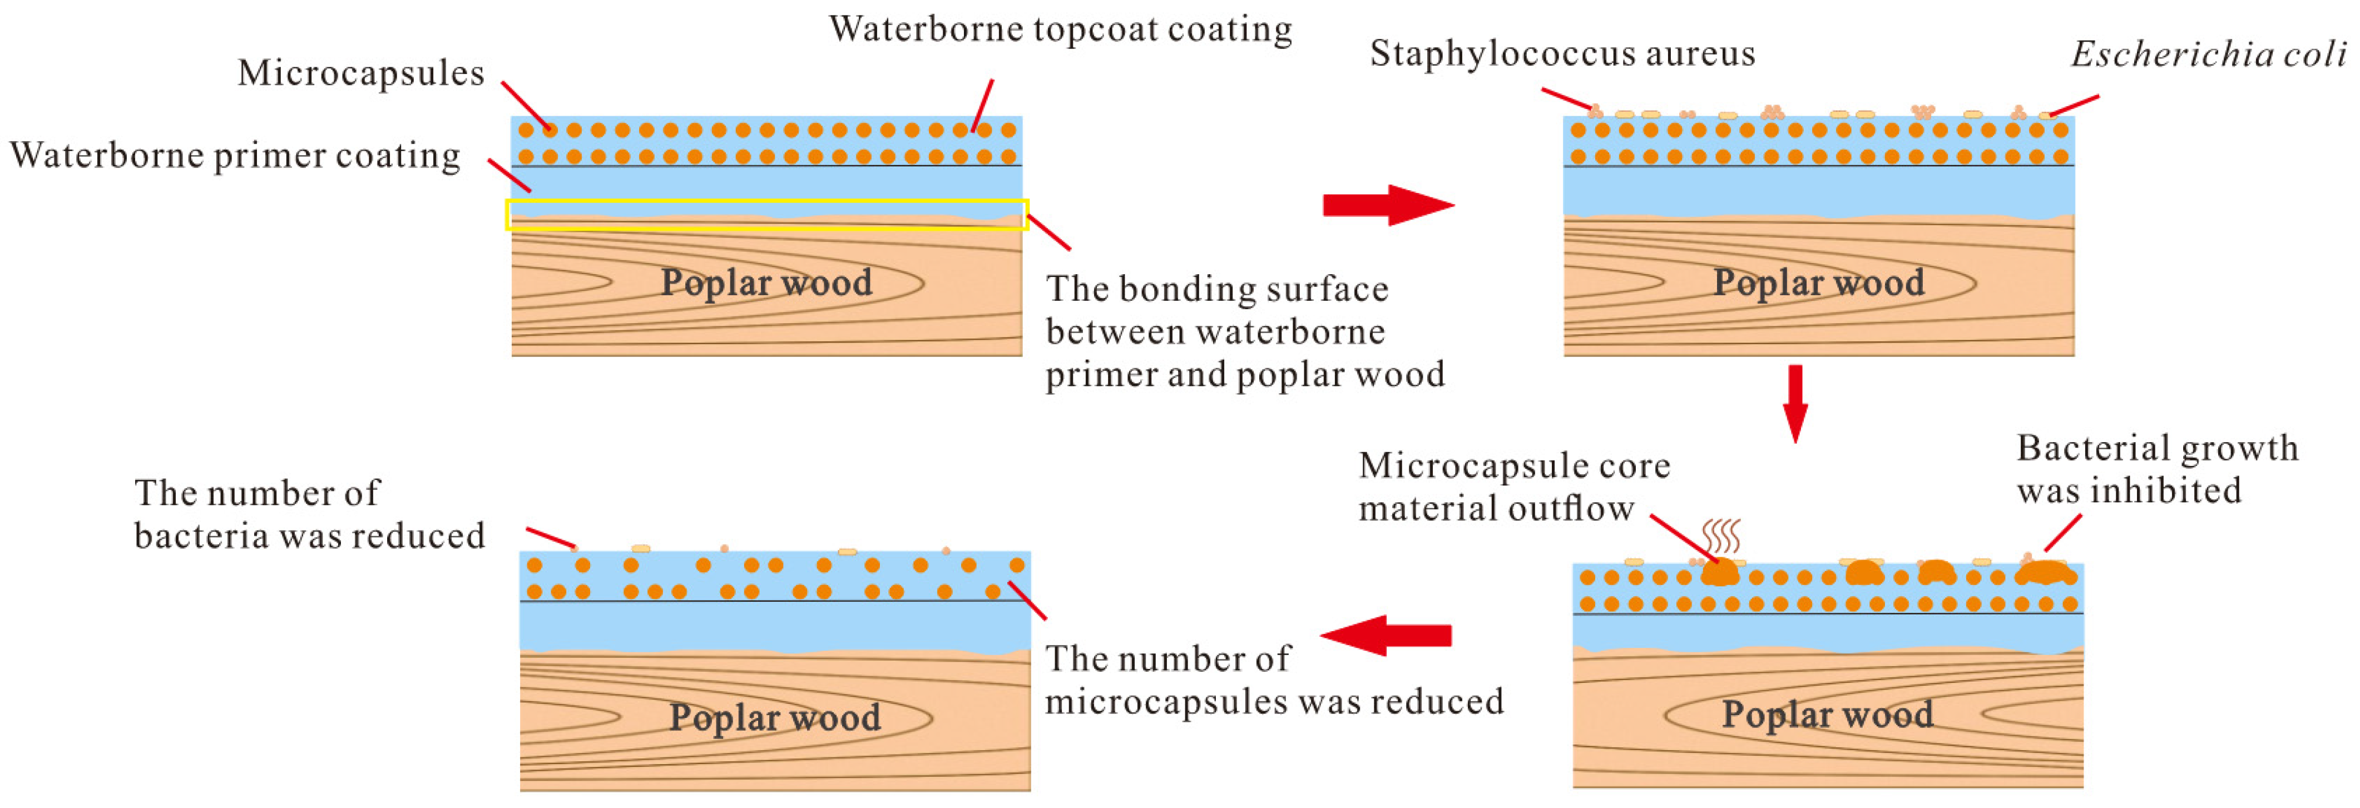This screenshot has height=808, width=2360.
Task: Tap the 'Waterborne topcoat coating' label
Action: tap(1060, 29)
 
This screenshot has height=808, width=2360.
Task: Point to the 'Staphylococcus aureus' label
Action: tap(1562, 53)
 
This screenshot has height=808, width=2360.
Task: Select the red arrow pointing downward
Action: tap(1795, 403)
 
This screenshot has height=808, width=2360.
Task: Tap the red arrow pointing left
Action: tap(1385, 635)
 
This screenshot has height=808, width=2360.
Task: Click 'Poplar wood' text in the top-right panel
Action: tap(1819, 282)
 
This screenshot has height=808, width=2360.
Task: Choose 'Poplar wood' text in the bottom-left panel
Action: tap(775, 716)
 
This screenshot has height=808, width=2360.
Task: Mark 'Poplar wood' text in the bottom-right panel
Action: tap(1828, 713)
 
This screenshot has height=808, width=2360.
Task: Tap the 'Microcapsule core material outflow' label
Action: tap(1513, 487)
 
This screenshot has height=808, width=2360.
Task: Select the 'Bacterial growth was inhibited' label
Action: tap(2156, 469)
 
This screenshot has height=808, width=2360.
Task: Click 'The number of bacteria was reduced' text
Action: tap(309, 514)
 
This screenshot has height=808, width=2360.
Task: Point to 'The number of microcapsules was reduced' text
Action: tap(1274, 680)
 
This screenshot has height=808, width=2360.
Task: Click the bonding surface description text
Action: tap(1244, 331)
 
